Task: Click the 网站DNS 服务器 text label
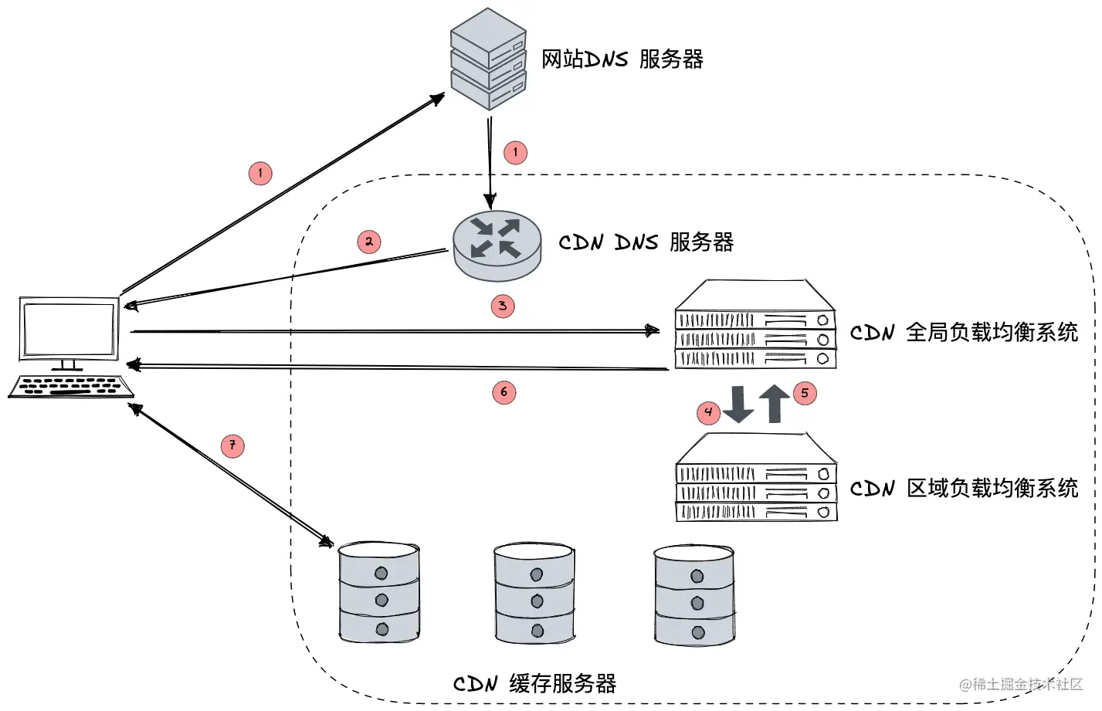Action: pos(622,59)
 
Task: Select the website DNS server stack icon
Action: pos(488,59)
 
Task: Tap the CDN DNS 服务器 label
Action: pos(646,242)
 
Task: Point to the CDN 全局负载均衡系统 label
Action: pos(964,333)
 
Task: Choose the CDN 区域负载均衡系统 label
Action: pos(964,488)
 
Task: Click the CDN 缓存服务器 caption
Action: pos(534,684)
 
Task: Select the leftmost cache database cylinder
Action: pos(379,592)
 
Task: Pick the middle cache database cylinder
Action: pos(534,593)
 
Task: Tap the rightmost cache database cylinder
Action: pos(694,595)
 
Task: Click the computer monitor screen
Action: pos(70,329)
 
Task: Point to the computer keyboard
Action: pos(71,387)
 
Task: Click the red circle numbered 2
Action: pos(369,242)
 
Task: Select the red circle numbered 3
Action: pos(503,306)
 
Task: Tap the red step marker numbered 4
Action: pos(708,412)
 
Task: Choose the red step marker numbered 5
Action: pos(805,393)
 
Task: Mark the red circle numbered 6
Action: pos(504,392)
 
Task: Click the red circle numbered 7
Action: pos(232,445)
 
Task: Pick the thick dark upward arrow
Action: pos(775,404)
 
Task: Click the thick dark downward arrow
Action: pos(738,405)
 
